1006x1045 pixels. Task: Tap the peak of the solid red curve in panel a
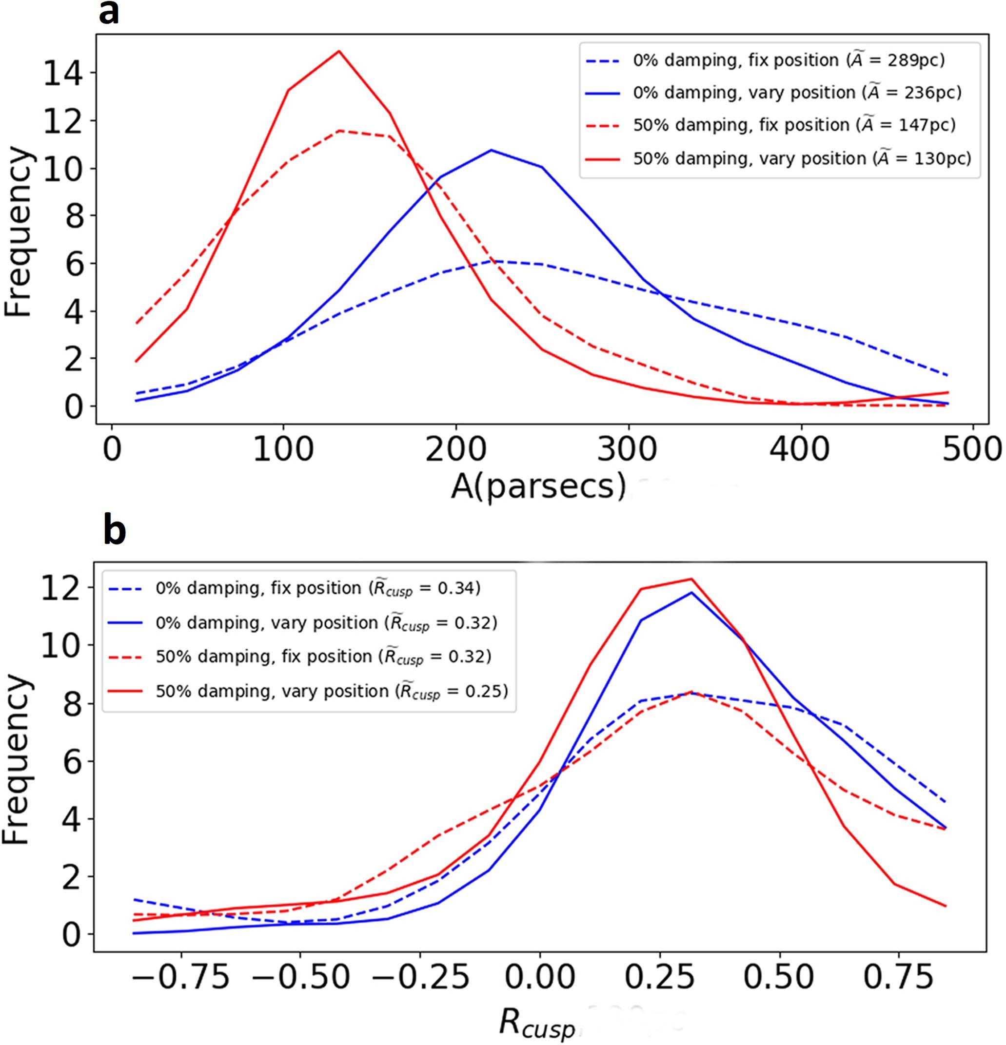[x=338, y=51]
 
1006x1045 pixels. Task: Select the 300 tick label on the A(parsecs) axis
[x=628, y=449]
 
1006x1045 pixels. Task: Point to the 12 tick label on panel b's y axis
[x=62, y=587]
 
